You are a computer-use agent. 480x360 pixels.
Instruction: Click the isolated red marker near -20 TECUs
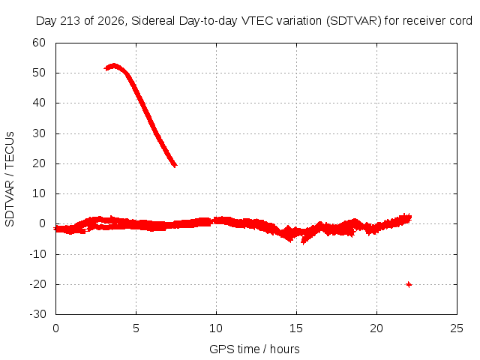[409, 285]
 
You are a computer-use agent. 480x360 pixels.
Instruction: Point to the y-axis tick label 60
[39, 43]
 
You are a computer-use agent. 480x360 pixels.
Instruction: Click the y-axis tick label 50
[39, 73]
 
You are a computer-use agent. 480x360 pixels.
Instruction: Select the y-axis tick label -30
[37, 314]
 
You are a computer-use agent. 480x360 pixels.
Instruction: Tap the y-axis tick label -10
[37, 253]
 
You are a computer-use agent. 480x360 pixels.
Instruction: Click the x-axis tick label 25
[457, 328]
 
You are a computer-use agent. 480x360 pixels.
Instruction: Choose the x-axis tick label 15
[296, 328]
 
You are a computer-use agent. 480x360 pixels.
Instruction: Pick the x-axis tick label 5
[136, 328]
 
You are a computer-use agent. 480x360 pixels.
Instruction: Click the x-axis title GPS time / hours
[254, 349]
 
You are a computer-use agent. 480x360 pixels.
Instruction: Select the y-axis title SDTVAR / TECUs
[10, 179]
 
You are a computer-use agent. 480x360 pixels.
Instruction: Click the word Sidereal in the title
[153, 21]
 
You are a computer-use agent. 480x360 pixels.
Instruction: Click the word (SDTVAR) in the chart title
[353, 21]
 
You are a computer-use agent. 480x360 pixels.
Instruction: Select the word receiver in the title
[424, 21]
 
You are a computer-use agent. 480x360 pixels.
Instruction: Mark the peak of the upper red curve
[114, 65]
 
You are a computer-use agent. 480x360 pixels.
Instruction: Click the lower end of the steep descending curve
[175, 165]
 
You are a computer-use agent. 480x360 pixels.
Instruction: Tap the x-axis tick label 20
[376, 328]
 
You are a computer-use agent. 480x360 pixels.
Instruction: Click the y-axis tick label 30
[39, 133]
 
